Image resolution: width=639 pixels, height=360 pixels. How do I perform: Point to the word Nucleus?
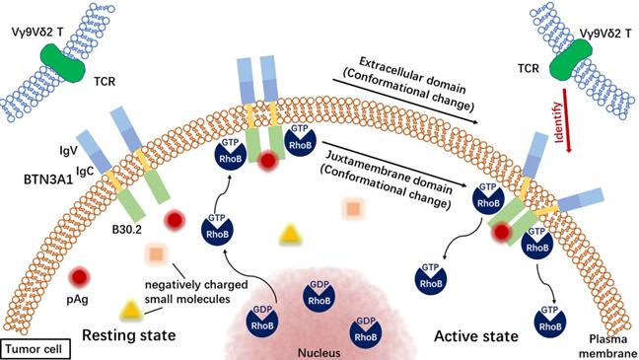(318, 348)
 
